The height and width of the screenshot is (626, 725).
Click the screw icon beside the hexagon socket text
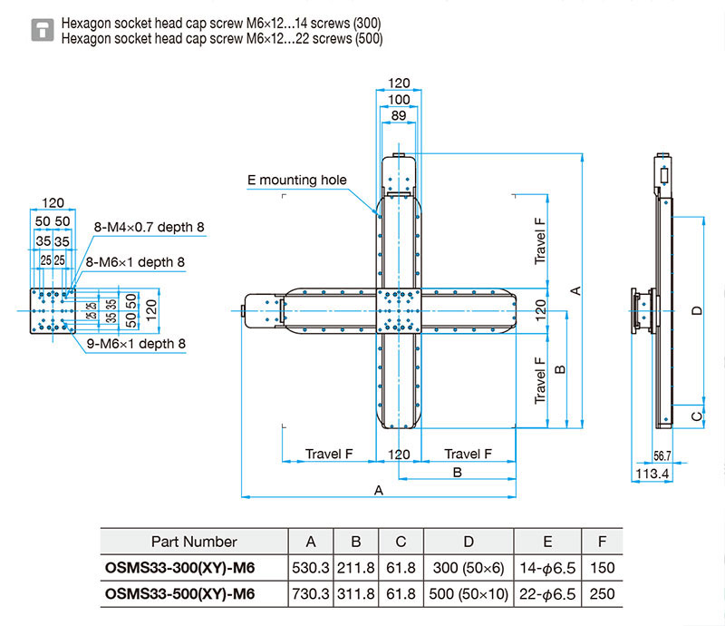click(x=43, y=30)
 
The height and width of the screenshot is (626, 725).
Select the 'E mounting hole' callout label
click(x=297, y=180)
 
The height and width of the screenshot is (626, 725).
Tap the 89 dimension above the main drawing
click(x=399, y=115)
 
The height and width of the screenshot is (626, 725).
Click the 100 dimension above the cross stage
click(x=399, y=99)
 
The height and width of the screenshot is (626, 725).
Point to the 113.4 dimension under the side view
click(x=652, y=474)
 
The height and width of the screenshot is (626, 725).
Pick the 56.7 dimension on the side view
click(x=662, y=456)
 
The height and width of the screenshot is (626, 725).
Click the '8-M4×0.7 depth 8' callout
click(x=149, y=227)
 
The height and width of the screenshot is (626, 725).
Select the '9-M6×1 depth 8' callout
click(x=136, y=344)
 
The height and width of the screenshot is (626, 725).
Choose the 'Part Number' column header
click(x=194, y=542)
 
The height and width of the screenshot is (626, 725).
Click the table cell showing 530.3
click(x=311, y=568)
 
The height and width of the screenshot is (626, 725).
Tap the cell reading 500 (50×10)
click(x=469, y=594)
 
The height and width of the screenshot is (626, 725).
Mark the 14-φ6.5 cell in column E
click(x=547, y=568)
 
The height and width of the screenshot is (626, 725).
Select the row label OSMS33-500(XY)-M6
click(x=179, y=594)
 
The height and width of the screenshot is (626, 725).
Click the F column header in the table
click(x=602, y=542)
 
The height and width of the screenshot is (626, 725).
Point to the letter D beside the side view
click(x=697, y=310)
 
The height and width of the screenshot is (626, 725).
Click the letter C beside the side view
click(x=697, y=416)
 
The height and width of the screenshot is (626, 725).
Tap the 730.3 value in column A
click(x=311, y=594)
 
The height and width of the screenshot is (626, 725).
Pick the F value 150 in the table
click(x=602, y=568)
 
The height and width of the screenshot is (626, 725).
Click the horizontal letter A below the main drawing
click(x=379, y=490)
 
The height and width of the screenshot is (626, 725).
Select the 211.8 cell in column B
click(x=355, y=568)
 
